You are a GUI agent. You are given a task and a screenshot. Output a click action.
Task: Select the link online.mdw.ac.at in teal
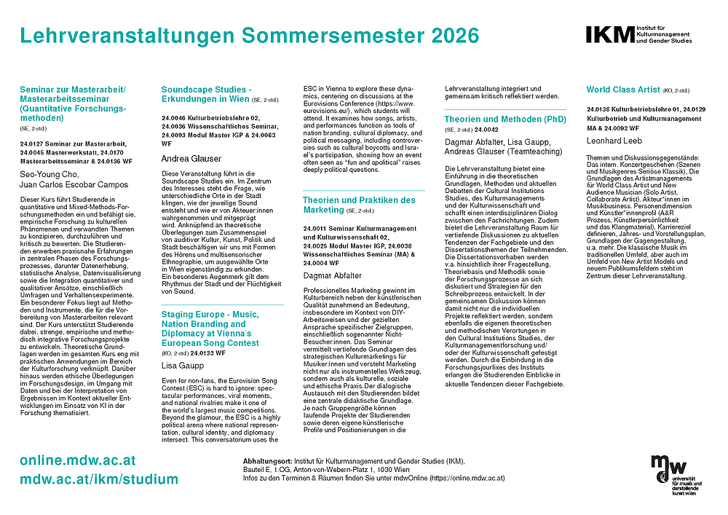[78, 461]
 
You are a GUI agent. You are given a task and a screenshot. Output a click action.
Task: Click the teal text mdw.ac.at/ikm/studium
[99, 479]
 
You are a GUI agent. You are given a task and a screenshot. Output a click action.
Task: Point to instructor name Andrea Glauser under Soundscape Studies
[191, 158]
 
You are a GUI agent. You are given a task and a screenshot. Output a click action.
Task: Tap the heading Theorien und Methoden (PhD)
[505, 119]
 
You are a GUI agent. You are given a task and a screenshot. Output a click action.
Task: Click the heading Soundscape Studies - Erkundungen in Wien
[206, 94]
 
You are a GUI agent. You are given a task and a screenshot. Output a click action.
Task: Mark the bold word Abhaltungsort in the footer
[266, 462]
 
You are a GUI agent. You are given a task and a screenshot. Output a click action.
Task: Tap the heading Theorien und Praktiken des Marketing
[358, 205]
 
